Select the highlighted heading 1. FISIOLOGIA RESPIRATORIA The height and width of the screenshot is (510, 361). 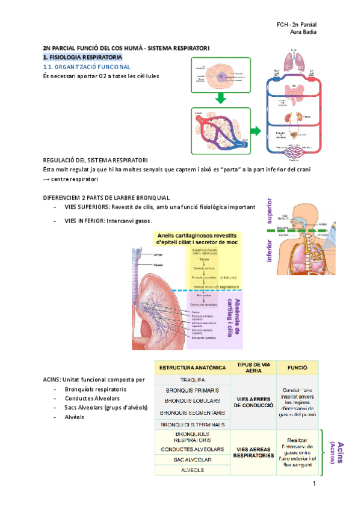tap(82, 57)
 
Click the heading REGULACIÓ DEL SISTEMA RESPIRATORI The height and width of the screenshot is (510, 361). tap(96, 161)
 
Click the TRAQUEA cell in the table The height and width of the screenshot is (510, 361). tap(193, 380)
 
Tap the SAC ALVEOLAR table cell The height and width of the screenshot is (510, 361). tap(193, 459)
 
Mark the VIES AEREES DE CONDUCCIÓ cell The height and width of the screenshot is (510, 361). tap(253, 402)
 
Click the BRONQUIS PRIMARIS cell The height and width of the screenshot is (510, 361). tap(193, 391)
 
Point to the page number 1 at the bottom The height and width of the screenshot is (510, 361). tap(313, 484)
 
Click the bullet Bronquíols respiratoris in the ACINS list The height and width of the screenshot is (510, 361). tap(91, 389)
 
